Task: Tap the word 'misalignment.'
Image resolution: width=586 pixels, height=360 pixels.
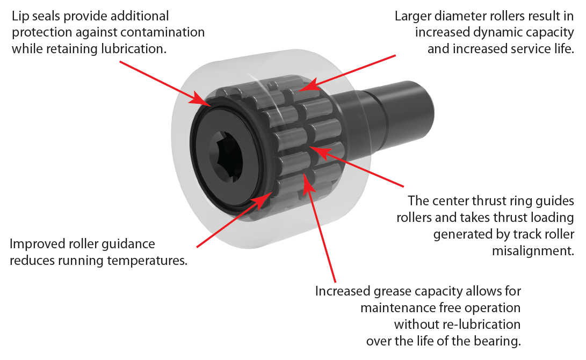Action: (533, 251)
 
